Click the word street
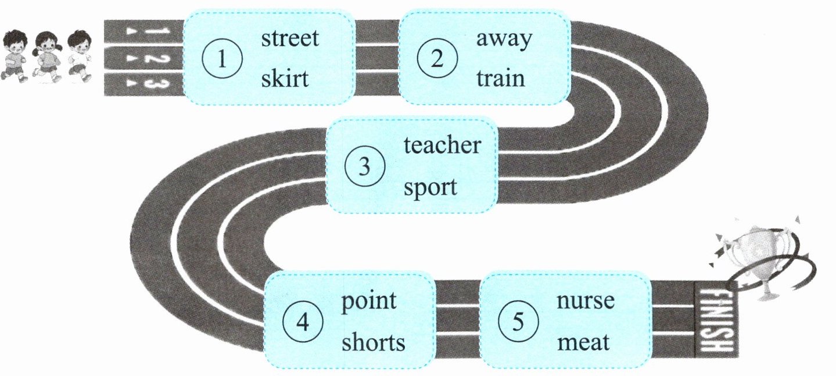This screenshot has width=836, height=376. click(290, 39)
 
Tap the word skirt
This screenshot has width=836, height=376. click(285, 79)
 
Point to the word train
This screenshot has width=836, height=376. click(500, 78)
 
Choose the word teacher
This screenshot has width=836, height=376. click(442, 146)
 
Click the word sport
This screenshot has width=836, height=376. click(430, 188)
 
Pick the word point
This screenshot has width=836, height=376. click(369, 301)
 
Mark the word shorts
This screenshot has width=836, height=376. click(373, 342)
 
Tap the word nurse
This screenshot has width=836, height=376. click(586, 301)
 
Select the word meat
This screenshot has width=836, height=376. click(583, 342)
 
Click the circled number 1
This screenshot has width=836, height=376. click(222, 59)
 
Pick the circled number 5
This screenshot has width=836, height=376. click(518, 322)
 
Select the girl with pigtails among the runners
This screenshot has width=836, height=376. click(47, 55)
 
